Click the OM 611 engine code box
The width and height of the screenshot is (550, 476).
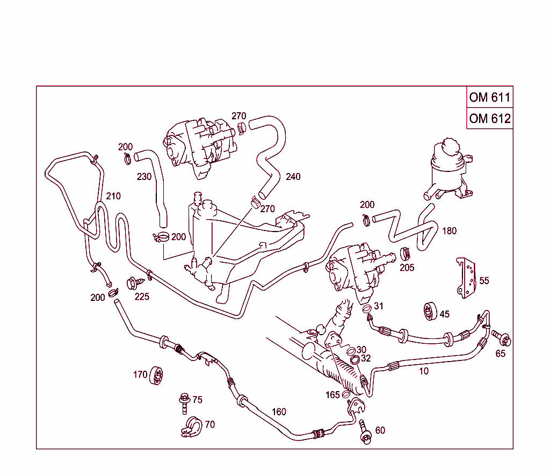(x=489, y=97)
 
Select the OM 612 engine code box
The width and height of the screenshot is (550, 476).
(x=489, y=118)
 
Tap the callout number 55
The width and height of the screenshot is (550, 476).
(x=484, y=280)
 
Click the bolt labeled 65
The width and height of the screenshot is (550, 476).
(x=502, y=338)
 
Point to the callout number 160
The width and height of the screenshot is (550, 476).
(x=279, y=412)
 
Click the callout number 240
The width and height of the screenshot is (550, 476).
(x=293, y=177)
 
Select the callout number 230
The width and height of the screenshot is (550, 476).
(x=144, y=176)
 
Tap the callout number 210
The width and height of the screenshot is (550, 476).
(x=113, y=196)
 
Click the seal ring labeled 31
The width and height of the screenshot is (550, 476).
(x=367, y=309)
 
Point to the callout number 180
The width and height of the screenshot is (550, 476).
(x=449, y=231)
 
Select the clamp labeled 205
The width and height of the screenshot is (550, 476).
(x=406, y=255)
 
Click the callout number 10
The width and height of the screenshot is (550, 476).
(x=424, y=371)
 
